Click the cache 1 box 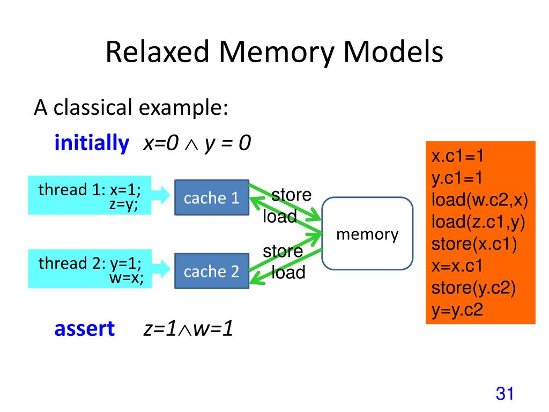click(x=212, y=197)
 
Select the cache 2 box click(x=212, y=271)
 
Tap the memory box click(x=367, y=233)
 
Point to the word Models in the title click(x=393, y=52)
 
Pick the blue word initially click(x=92, y=143)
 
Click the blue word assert click(x=84, y=329)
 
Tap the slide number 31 click(x=505, y=393)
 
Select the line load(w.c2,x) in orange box click(x=479, y=200)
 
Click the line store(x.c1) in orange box click(x=474, y=244)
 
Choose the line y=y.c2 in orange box click(x=457, y=310)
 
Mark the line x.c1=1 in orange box click(x=457, y=156)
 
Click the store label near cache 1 click(x=291, y=194)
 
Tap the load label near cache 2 click(x=288, y=272)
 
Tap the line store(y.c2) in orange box click(x=473, y=288)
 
